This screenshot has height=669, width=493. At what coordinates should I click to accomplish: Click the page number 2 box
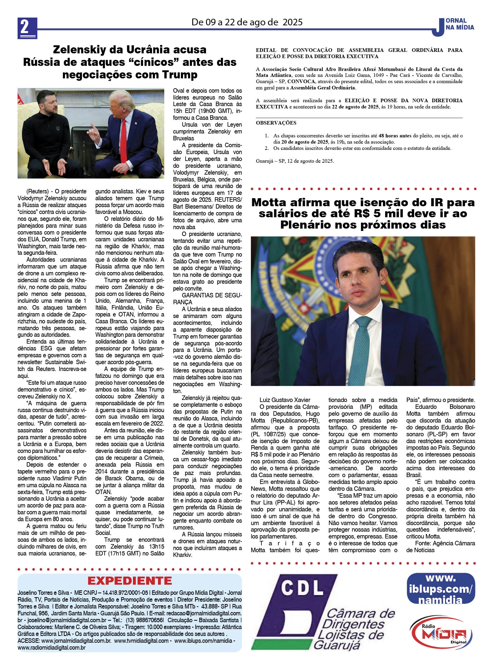(x=27, y=28)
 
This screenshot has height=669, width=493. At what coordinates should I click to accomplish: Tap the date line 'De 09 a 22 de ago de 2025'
(x=247, y=22)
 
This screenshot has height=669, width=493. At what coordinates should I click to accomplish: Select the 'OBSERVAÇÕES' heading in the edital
(x=276, y=123)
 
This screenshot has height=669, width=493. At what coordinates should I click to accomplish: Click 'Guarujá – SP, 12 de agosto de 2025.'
(x=294, y=161)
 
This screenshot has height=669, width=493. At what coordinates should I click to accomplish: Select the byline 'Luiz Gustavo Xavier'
(x=285, y=400)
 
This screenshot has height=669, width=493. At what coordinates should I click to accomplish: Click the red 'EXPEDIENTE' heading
(x=130, y=581)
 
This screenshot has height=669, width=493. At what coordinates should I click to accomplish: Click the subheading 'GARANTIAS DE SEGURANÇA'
(x=207, y=299)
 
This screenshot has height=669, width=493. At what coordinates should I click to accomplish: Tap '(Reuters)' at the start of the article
(x=37, y=191)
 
